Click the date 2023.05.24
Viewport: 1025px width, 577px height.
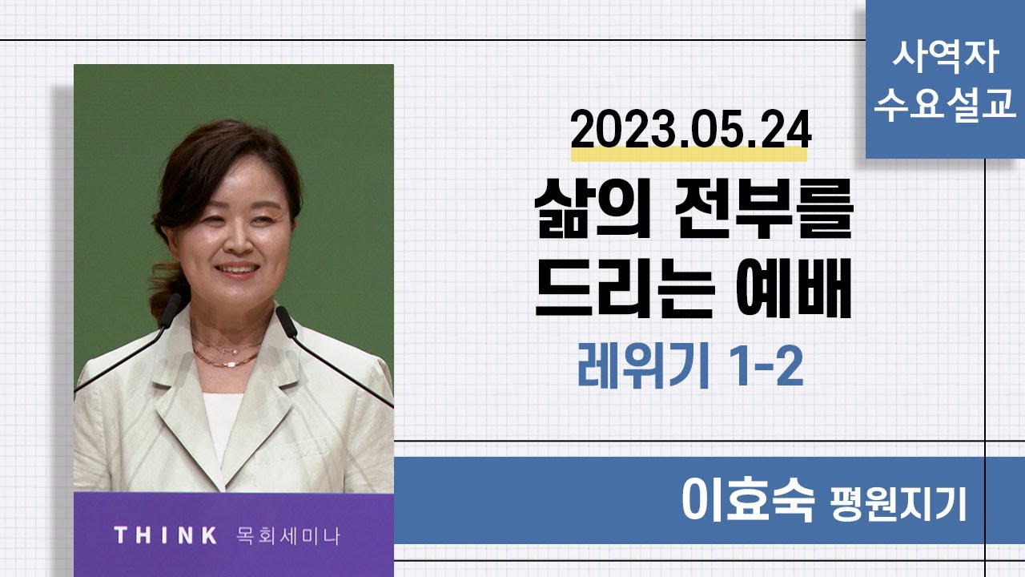[x=691, y=130]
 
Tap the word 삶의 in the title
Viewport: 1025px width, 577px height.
[x=593, y=208]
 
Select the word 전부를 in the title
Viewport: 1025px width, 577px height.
[x=765, y=208]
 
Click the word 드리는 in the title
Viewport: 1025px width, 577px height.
[x=625, y=288]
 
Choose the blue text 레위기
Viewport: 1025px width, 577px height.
[x=644, y=366]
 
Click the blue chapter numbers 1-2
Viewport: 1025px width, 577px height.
[x=766, y=366]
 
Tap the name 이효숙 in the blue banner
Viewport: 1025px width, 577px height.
[x=748, y=500]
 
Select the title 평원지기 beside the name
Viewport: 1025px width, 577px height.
[x=898, y=504]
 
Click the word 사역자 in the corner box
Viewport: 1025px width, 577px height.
[x=946, y=57]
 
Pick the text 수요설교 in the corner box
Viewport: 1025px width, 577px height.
[x=946, y=105]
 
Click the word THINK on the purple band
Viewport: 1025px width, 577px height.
[x=166, y=535]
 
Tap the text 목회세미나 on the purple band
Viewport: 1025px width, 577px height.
[x=288, y=536]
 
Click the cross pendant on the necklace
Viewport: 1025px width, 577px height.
[x=223, y=353]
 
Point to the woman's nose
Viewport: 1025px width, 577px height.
[x=236, y=241]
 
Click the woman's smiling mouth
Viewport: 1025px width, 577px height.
[x=237, y=269]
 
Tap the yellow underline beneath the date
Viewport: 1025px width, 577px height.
[x=689, y=155]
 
